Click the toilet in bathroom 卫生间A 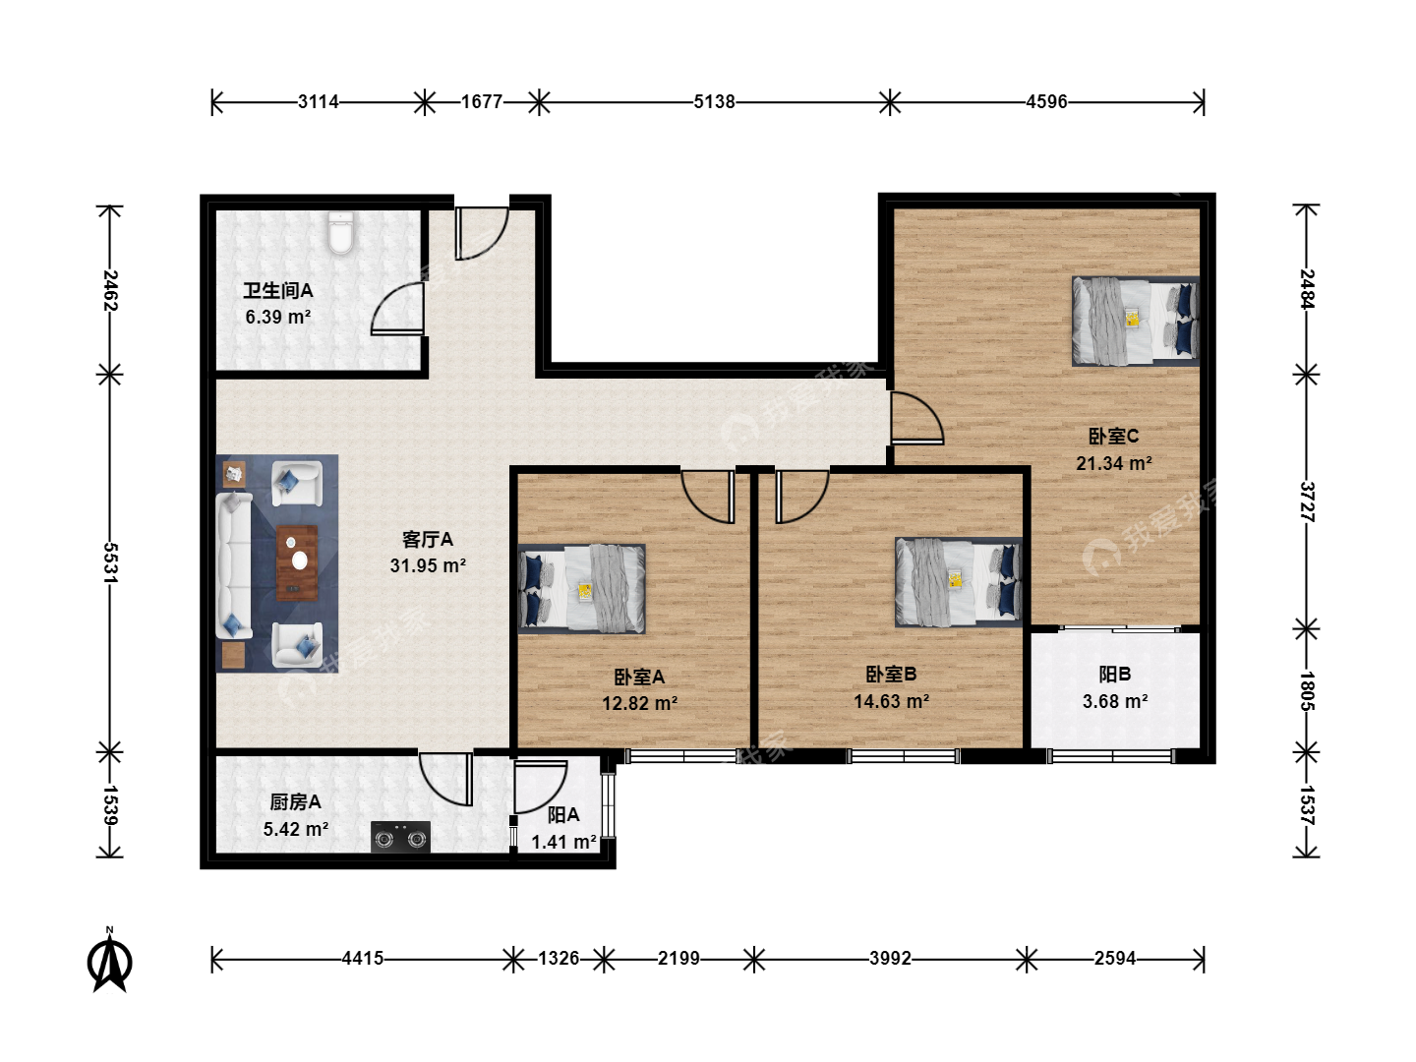click(341, 233)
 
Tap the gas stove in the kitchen click(400, 838)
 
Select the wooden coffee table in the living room click(297, 562)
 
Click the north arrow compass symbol click(110, 961)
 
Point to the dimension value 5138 click(714, 102)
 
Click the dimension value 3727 click(1307, 501)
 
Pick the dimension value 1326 click(559, 958)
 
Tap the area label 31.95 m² click(428, 565)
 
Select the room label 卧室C click(1113, 437)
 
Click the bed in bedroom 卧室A click(581, 589)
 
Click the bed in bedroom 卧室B click(958, 582)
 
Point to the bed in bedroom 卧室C click(1136, 322)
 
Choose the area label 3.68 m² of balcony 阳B click(1115, 701)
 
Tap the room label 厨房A click(295, 802)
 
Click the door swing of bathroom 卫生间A click(397, 309)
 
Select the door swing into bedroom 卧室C click(916, 418)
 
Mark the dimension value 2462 click(111, 290)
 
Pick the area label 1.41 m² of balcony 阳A click(563, 842)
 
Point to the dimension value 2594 click(1115, 958)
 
